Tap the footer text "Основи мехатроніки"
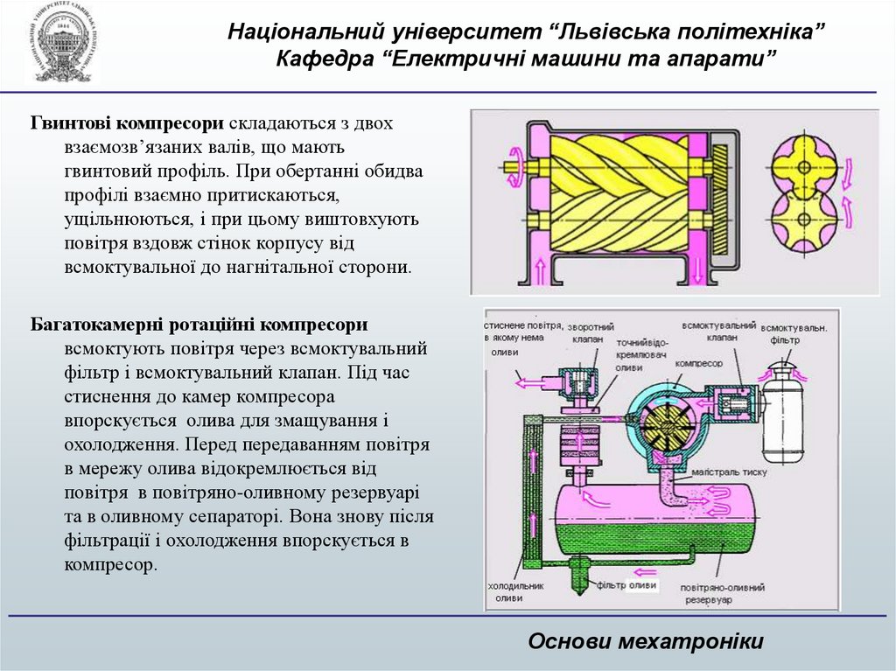pyautogui.click(x=646, y=641)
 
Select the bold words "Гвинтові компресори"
pyautogui.click(x=124, y=123)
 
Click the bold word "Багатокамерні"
pyautogui.click(x=103, y=325)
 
